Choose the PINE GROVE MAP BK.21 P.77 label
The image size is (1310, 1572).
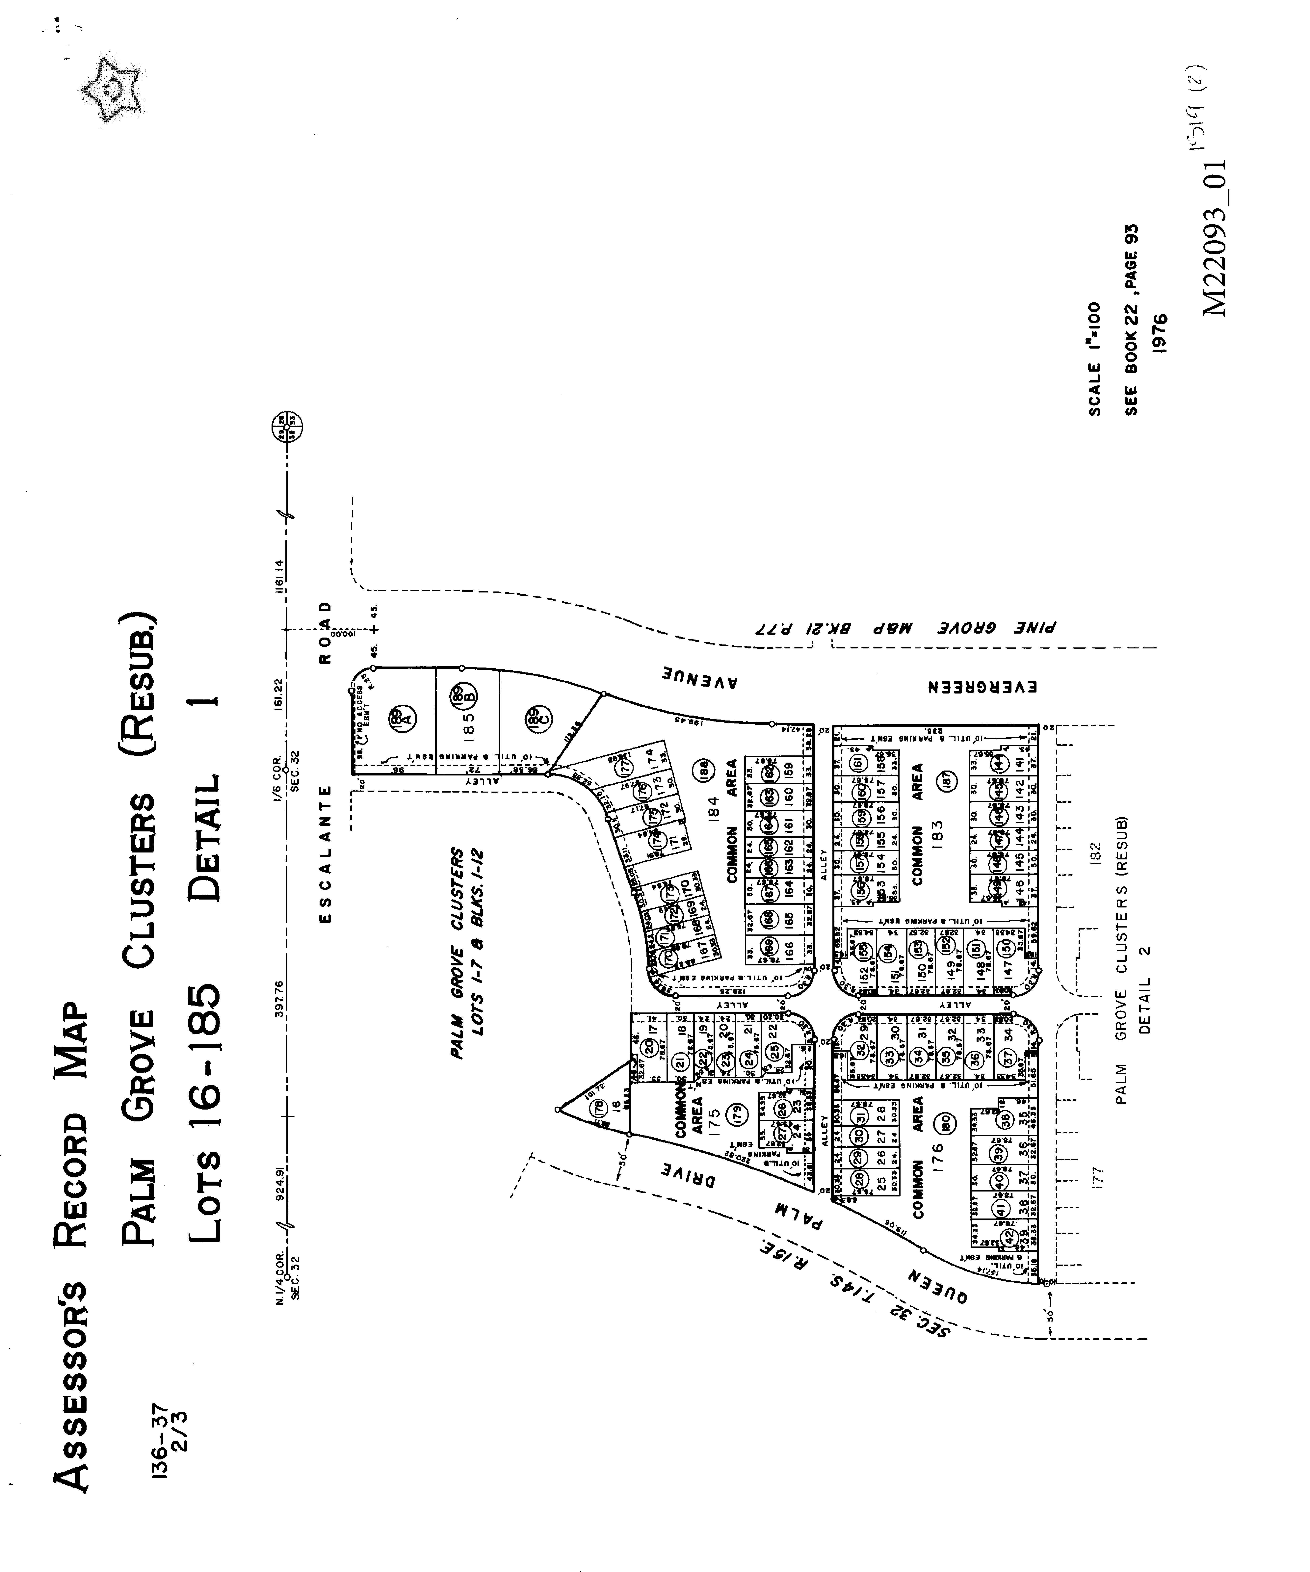click(x=904, y=627)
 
